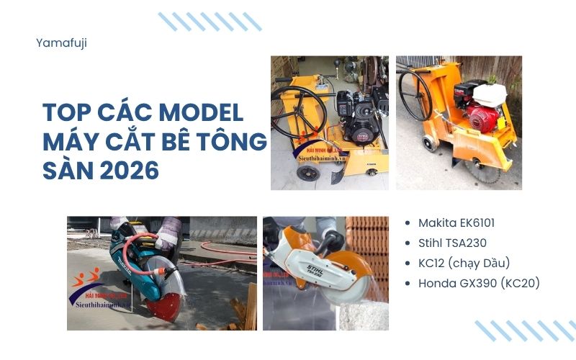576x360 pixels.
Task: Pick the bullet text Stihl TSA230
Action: pyautogui.click(x=453, y=243)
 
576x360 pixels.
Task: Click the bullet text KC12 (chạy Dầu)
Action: pyautogui.click(x=466, y=263)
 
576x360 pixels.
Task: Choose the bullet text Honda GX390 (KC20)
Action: pyautogui.click(x=479, y=283)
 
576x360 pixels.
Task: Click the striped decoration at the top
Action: pyautogui.click(x=209, y=21)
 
